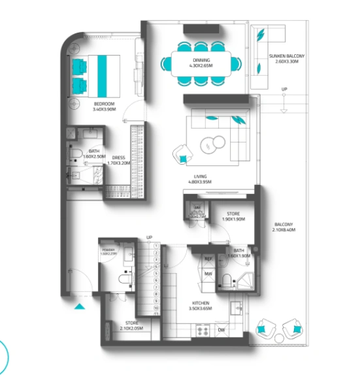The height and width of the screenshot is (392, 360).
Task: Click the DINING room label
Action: coord(201,60)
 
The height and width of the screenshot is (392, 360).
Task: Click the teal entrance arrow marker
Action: coord(79,305)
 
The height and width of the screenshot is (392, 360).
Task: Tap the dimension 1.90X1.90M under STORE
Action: coord(233,220)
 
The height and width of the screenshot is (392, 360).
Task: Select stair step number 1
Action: coord(157,246)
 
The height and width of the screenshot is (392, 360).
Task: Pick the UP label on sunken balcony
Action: coord(284,90)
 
